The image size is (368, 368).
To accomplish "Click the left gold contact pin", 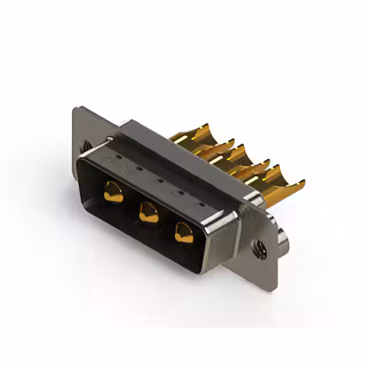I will point(113,191).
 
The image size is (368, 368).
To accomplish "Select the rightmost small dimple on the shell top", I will point(200,204).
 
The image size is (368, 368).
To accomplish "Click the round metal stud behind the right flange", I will point(283,236).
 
